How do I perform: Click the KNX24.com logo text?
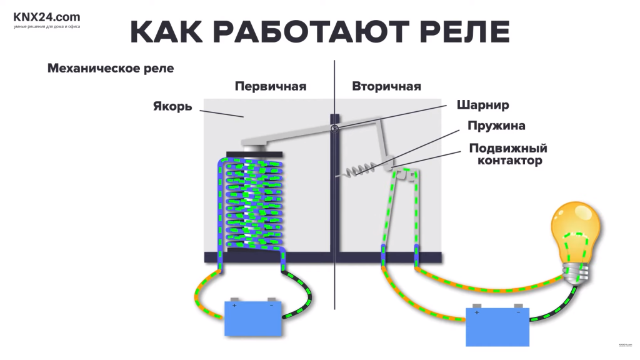(47, 17)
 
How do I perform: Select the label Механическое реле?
(111, 69)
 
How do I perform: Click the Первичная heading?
(271, 86)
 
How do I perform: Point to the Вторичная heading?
(386, 86)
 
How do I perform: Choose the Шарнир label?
(483, 105)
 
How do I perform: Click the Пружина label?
(496, 126)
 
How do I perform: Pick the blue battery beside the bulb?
(497, 326)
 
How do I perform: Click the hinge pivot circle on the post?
(334, 129)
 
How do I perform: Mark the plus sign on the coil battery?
(234, 306)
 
